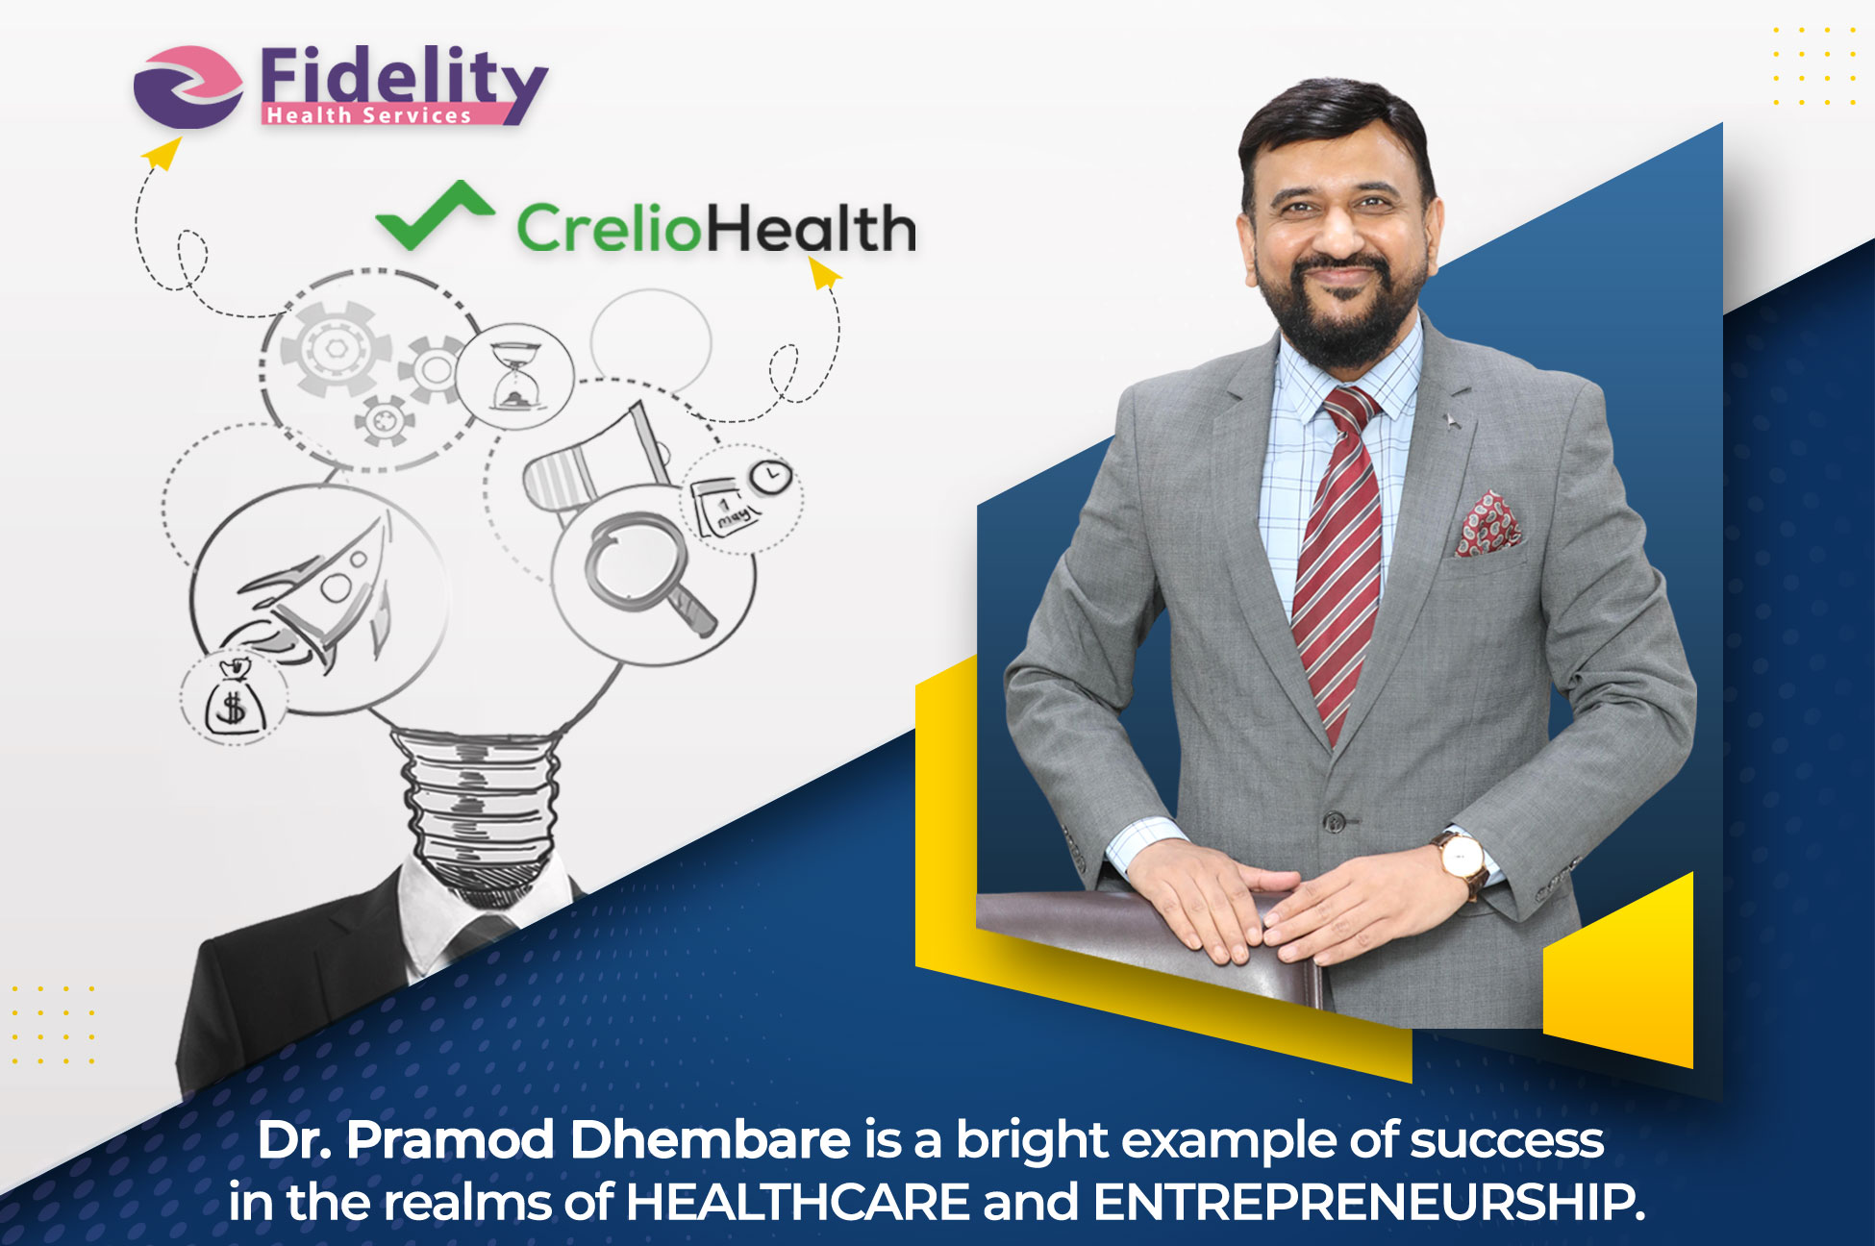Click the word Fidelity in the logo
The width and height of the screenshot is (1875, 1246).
pyautogui.click(x=404, y=76)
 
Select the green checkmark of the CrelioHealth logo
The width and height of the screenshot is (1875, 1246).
pyautogui.click(x=435, y=215)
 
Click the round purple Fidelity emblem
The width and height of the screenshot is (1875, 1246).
pyautogui.click(x=188, y=87)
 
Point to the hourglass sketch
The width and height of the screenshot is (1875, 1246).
pyautogui.click(x=517, y=375)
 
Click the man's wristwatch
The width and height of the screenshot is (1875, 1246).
pyautogui.click(x=1461, y=860)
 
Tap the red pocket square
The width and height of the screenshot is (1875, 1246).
pyautogui.click(x=1487, y=523)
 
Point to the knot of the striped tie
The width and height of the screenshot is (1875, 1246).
pyautogui.click(x=1350, y=409)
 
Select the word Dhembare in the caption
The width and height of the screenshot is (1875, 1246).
pyautogui.click(x=711, y=1141)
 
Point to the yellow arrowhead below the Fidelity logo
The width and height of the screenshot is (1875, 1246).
pyautogui.click(x=162, y=152)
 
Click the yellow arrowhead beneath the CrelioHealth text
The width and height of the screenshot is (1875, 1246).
pyautogui.click(x=823, y=271)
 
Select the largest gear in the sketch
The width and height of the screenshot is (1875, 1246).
pyautogui.click(x=336, y=348)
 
